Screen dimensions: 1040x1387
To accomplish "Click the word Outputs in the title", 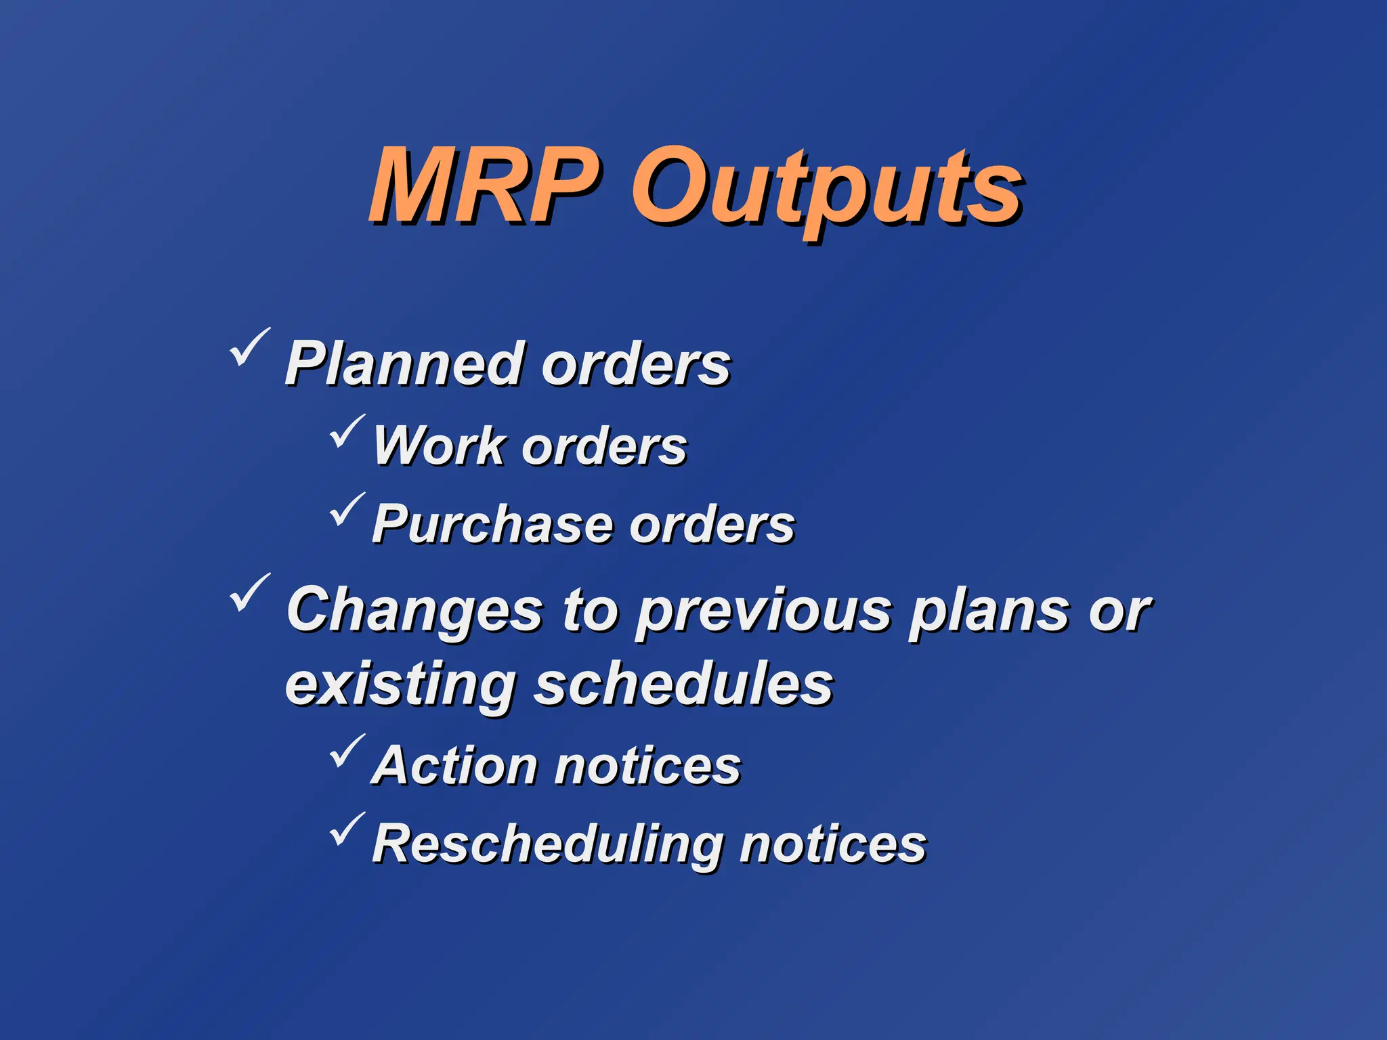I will coord(826,190).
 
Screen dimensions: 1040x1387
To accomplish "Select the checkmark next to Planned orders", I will coord(249,347).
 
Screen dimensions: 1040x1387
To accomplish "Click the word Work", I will coord(439,446).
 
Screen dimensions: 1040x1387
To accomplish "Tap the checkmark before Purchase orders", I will coord(347,511).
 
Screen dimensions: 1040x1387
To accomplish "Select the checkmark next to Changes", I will coord(249,592).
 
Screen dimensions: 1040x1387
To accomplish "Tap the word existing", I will coord(400,685).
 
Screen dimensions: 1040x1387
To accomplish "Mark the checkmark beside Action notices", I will coord(347,752).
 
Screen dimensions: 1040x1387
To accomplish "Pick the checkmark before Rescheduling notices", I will coord(347,830).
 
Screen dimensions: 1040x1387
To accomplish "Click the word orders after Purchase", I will coord(711,525).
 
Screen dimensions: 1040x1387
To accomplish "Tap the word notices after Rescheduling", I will coord(832,845).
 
